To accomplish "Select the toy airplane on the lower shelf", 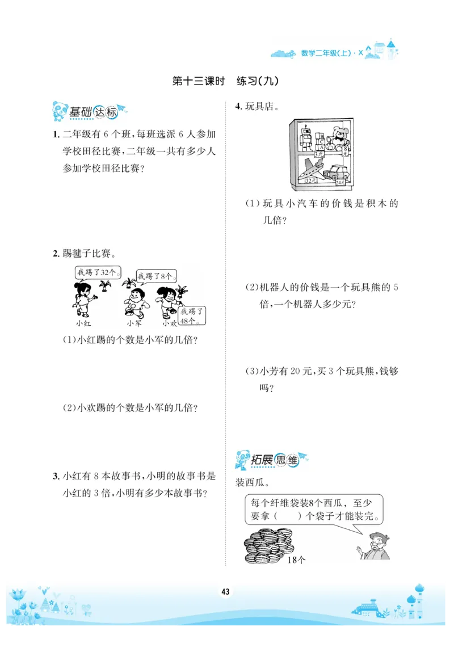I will (312, 169).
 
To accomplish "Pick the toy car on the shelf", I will (338, 172).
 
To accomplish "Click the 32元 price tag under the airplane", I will (310, 180).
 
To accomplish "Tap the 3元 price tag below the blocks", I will (320, 153).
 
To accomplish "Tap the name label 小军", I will (134, 323).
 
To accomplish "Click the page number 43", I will (225, 592).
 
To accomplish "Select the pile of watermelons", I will (268, 545).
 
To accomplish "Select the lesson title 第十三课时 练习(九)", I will (225, 82).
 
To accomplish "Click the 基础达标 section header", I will (89, 112).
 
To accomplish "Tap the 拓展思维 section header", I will (271, 460).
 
